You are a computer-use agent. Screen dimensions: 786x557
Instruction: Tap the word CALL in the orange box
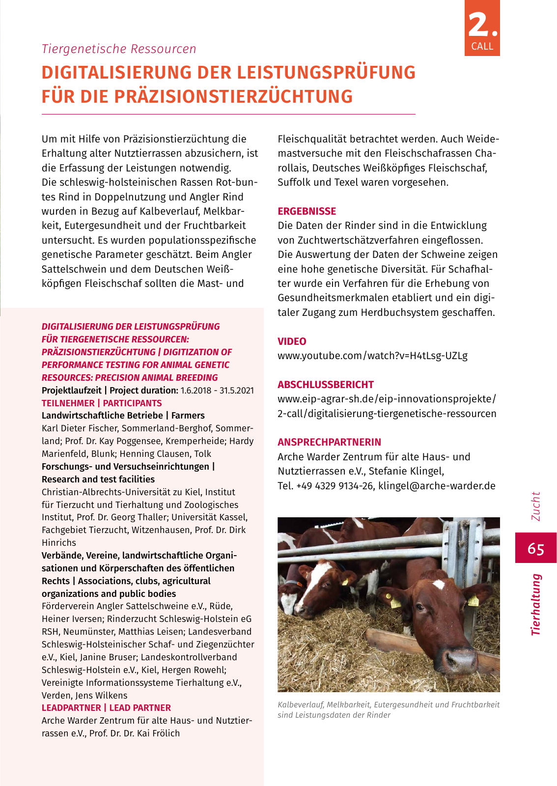click(x=482, y=46)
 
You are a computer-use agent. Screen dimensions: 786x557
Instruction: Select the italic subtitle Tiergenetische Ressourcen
click(x=119, y=49)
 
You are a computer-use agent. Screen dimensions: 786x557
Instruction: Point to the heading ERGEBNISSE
click(x=307, y=211)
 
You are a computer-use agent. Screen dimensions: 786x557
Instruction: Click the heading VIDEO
click(x=292, y=341)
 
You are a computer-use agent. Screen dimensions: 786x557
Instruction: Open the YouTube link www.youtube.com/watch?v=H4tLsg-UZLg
click(x=372, y=356)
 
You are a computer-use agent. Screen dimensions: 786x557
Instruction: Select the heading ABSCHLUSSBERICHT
click(x=326, y=385)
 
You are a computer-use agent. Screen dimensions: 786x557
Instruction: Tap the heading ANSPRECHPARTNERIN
click(x=329, y=442)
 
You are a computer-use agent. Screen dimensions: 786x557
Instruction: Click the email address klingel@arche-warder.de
click(x=437, y=486)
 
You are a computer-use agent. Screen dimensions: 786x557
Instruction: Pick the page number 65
click(x=536, y=548)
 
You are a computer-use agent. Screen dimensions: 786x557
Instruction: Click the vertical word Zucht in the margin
click(x=535, y=506)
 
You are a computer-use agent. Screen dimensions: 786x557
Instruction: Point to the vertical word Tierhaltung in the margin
click(x=535, y=605)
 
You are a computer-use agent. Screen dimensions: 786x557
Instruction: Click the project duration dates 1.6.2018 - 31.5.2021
click(x=217, y=391)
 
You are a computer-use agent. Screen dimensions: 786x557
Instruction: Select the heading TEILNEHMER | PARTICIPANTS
click(x=102, y=403)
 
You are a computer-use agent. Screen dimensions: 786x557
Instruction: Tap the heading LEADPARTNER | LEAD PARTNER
click(x=106, y=708)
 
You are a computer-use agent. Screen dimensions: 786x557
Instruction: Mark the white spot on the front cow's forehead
click(x=439, y=584)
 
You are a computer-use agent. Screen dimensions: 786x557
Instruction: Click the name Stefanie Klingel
click(x=406, y=471)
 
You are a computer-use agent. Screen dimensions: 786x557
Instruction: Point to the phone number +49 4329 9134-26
click(x=335, y=486)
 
